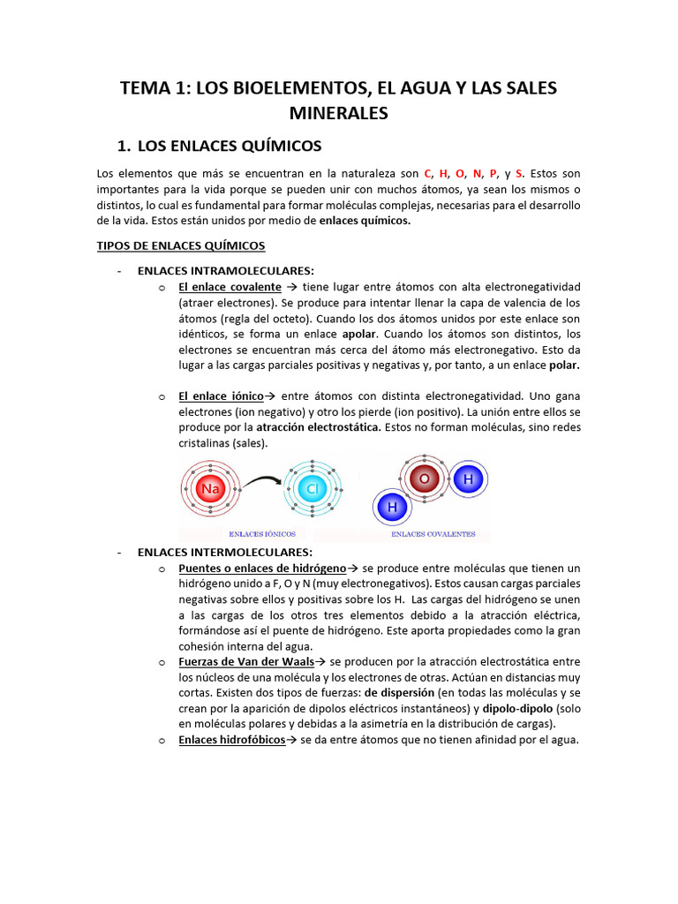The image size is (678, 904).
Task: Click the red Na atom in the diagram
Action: [x=210, y=488]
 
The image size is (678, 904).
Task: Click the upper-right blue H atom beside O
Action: [x=467, y=479]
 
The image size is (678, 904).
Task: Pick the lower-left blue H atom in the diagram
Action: [x=392, y=508]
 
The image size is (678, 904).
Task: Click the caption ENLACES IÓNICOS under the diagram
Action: [x=261, y=534]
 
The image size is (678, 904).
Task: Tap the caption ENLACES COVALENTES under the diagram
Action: [x=433, y=534]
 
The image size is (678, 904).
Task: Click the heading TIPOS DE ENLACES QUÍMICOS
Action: [x=180, y=245]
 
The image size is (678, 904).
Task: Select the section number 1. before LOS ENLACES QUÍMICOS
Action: [x=124, y=146]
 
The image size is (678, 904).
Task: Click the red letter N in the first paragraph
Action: [x=478, y=174]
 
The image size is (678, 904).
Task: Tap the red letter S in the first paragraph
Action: [x=519, y=174]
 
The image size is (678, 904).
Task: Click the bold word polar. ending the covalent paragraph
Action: [x=564, y=365]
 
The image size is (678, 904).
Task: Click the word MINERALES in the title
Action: [x=338, y=114]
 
